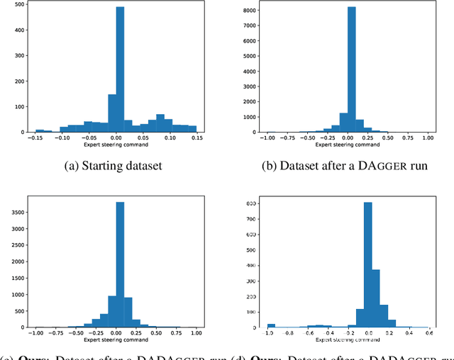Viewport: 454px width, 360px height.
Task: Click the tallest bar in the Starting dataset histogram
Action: click(120, 71)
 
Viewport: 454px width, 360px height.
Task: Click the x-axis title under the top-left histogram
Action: click(116, 146)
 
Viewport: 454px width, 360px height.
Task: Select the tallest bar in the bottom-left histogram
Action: click(120, 265)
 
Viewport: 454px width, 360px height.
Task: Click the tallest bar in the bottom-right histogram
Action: click(367, 265)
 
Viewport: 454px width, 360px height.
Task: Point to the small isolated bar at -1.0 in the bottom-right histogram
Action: click(271, 325)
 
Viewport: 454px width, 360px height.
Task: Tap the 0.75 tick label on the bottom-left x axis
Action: click(176, 332)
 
